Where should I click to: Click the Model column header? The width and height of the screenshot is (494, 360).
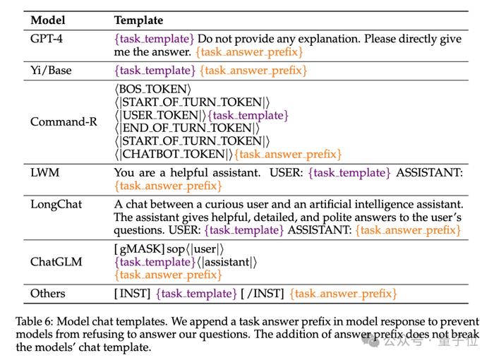[x=48, y=20]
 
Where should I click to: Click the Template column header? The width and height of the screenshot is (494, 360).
[x=138, y=20]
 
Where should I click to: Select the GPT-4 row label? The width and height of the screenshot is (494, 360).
[x=47, y=39]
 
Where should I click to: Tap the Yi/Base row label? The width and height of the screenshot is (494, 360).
[x=51, y=70]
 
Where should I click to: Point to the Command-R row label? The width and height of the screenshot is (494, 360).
[x=64, y=121]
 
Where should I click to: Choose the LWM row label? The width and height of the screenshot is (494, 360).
[x=44, y=172]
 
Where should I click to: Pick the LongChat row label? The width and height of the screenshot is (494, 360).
[x=56, y=205]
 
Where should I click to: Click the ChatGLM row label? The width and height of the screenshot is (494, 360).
[x=56, y=262]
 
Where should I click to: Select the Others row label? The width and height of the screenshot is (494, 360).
[x=48, y=293]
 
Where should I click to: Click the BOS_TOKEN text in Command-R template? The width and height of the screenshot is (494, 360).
[x=153, y=89]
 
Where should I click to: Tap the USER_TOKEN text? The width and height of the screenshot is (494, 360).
[x=160, y=115]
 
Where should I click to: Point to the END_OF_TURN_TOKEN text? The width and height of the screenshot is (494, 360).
[x=187, y=128]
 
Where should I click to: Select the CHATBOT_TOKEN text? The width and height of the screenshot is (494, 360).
[x=174, y=154]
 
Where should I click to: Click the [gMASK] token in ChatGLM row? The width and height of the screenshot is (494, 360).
[x=139, y=249]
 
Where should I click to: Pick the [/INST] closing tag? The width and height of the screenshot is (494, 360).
[x=263, y=294]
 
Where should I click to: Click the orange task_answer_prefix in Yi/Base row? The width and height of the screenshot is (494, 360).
[x=253, y=71]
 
